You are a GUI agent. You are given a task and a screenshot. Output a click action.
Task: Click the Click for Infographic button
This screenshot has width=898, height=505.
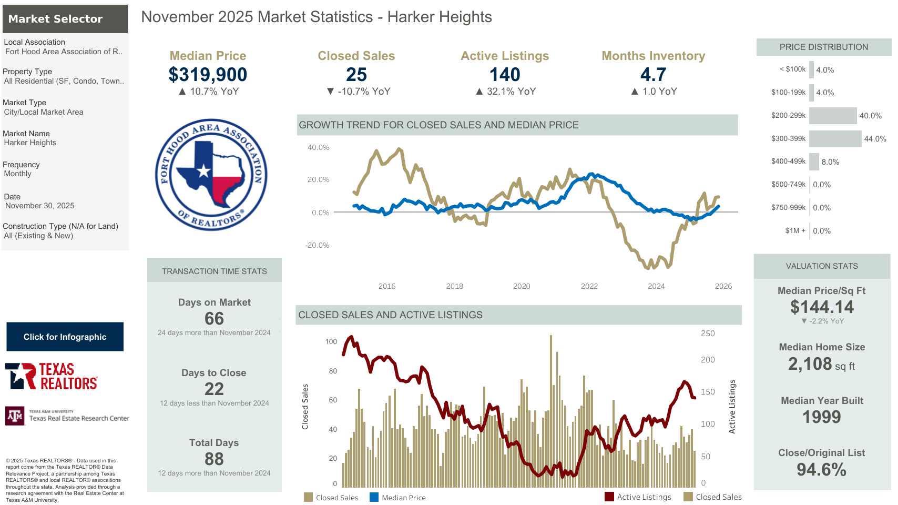pos(65,337)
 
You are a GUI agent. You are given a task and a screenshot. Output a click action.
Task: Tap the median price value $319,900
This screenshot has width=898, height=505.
pos(208,75)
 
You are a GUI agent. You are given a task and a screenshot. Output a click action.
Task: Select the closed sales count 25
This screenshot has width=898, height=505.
pos(356,75)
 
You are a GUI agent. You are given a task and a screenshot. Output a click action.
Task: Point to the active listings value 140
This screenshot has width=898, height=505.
pos(505,75)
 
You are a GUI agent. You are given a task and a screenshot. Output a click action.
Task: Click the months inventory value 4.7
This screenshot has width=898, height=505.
pos(653,75)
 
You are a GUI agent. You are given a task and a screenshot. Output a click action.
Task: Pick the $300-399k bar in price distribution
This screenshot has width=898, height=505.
pos(835,139)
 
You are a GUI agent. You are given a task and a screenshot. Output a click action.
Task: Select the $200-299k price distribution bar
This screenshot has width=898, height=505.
pos(833,116)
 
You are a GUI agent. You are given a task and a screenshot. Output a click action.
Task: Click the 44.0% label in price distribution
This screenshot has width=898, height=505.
pos(875,139)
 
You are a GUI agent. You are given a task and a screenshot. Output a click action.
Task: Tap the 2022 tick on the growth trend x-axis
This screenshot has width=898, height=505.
pos(589,286)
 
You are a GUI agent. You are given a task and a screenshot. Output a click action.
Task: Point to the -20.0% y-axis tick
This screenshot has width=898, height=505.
pos(317,245)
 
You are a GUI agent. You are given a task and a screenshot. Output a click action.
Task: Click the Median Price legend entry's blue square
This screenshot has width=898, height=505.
pos(374,497)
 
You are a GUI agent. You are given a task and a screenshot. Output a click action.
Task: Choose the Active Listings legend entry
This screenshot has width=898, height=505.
pos(638,497)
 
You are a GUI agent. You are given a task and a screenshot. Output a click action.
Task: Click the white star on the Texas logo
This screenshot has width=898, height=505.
pos(203,171)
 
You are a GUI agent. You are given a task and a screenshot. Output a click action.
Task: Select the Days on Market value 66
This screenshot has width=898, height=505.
pos(214,318)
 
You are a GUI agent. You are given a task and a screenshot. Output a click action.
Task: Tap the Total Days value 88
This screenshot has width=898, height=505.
pos(214,459)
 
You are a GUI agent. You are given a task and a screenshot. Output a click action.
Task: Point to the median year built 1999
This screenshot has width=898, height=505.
pos(821,417)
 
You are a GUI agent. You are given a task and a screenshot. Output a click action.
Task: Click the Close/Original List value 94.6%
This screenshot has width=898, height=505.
pos(821,469)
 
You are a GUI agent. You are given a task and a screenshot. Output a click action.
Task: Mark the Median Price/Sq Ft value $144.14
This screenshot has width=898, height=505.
pos(822,307)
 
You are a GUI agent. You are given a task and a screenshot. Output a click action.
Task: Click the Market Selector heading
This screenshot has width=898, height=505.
pos(55,19)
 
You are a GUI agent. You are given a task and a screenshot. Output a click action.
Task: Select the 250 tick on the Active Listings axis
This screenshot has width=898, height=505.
pos(708,334)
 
